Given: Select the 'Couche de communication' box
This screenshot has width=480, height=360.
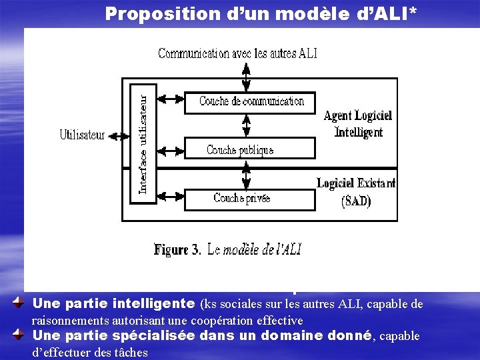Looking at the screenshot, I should [251, 101].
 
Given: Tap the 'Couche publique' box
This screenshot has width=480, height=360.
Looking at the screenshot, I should [240, 150].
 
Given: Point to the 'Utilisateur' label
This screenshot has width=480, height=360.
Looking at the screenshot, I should [82, 135].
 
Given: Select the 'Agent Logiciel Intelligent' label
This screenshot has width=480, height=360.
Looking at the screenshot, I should [357, 124].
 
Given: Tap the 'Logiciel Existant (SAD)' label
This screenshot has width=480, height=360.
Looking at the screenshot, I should [356, 191].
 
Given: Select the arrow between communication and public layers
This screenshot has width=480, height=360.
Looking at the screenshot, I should [247, 125].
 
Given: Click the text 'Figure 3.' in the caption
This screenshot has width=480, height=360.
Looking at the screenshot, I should [177, 250].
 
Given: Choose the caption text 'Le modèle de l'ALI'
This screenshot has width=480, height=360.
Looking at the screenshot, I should [254, 250].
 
